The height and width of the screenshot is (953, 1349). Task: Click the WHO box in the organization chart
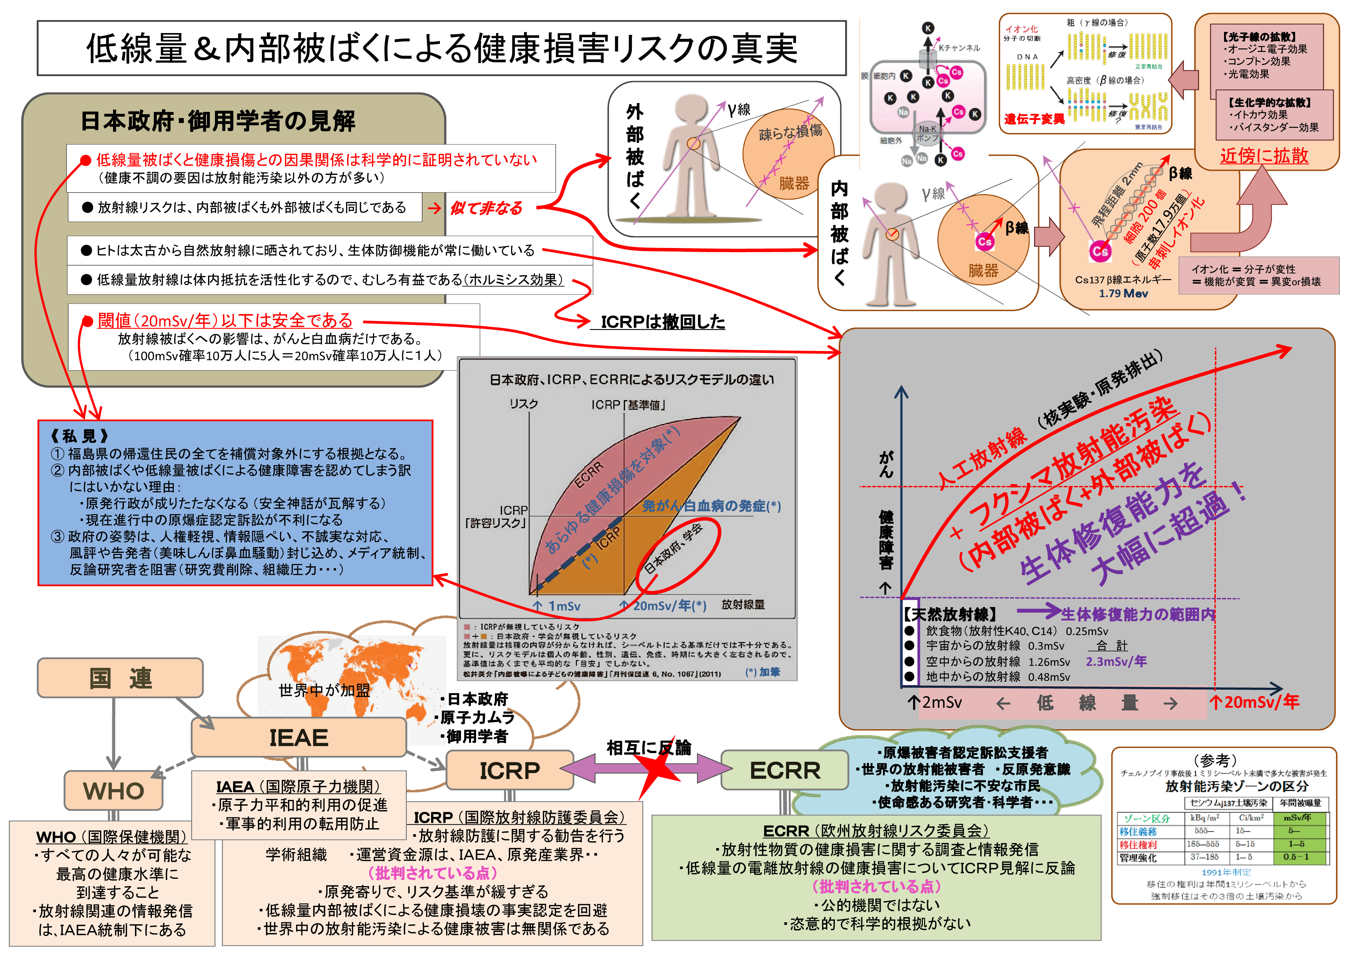[113, 790]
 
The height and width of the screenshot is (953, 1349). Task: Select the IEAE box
[298, 737]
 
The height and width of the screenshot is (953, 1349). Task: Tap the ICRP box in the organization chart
[510, 770]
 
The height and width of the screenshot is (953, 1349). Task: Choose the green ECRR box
[784, 770]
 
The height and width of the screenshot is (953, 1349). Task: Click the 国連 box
[120, 678]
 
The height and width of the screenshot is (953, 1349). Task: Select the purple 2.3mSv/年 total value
[1116, 661]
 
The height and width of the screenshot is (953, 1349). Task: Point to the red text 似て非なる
[486, 208]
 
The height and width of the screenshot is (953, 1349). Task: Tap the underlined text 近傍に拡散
[1264, 156]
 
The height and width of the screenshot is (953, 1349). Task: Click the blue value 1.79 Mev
[1123, 294]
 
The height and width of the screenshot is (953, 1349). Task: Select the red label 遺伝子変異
[1034, 119]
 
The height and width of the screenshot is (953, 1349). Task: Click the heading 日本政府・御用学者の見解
[217, 121]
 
